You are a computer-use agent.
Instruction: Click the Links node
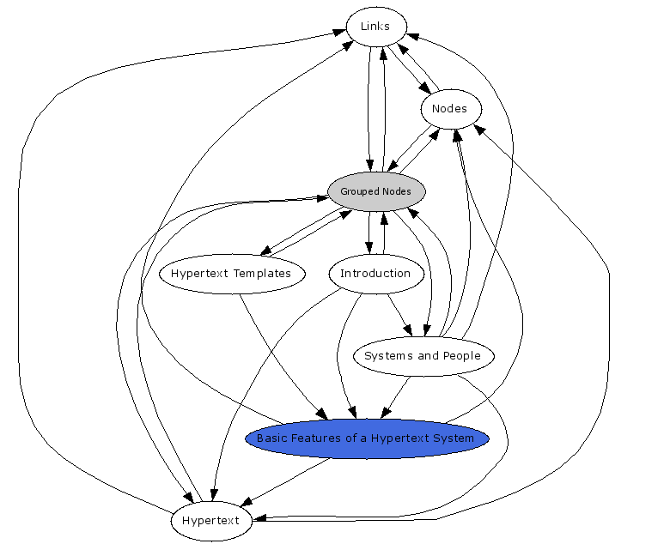point(375,27)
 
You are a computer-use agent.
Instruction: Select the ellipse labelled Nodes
point(450,109)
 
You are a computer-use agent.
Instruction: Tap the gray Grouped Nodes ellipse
point(375,191)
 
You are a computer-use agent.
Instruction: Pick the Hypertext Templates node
point(231,274)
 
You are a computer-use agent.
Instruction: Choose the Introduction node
point(375,274)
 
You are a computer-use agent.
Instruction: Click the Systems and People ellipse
point(423,356)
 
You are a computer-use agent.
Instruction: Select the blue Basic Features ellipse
point(366,438)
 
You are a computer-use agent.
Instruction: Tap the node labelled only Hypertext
point(210,521)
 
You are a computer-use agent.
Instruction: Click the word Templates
point(262,274)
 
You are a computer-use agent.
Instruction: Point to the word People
point(460,356)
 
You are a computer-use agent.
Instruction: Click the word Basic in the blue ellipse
point(272,438)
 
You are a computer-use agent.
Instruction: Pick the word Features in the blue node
point(315,438)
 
